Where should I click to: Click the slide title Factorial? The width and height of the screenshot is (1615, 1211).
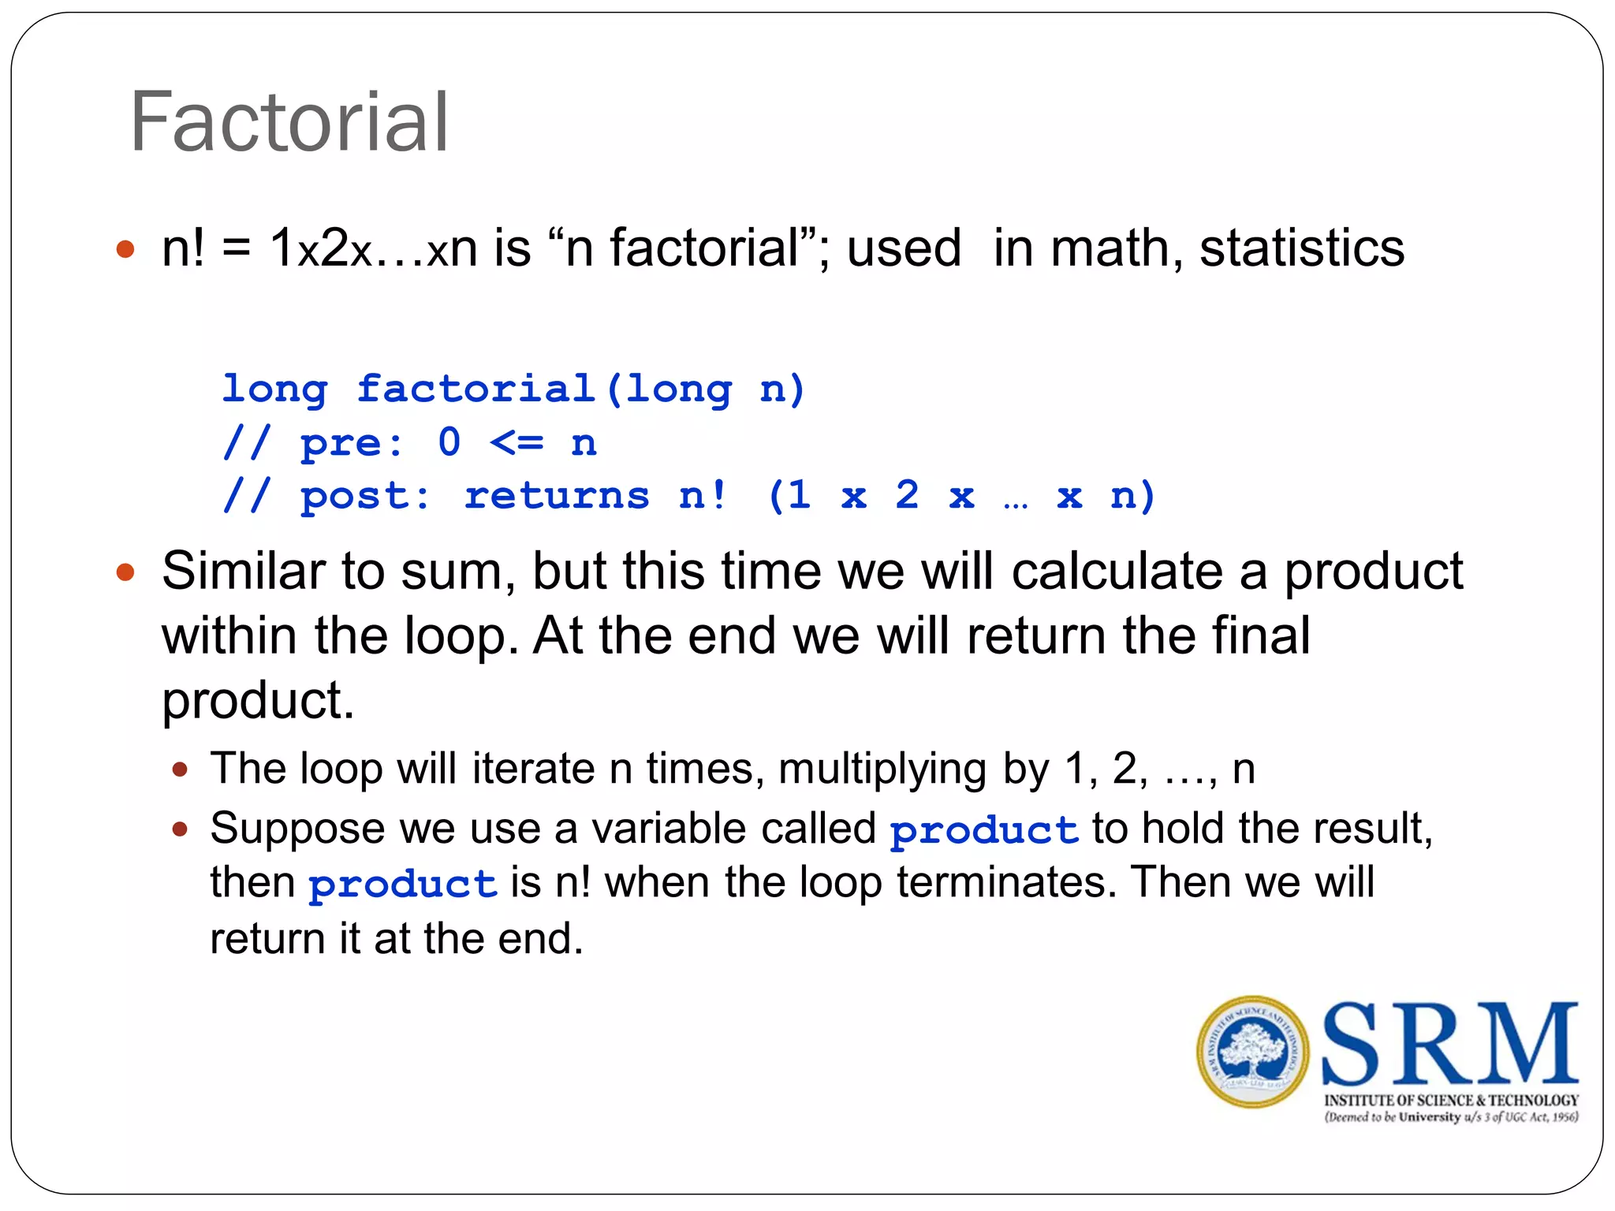point(289,122)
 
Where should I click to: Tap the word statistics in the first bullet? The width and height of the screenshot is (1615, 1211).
point(1301,248)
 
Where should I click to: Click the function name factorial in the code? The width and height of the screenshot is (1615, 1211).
point(476,389)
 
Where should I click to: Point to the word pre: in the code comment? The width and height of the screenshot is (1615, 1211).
point(352,443)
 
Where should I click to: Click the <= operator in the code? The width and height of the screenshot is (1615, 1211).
point(517,443)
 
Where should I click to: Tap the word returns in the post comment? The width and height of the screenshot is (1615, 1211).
point(557,497)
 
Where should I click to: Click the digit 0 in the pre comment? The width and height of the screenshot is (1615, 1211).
point(449,442)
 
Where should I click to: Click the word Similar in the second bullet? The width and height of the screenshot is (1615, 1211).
point(243,571)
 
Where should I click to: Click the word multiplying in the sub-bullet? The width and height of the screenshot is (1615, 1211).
point(882,769)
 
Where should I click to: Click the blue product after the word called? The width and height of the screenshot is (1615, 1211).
point(984,831)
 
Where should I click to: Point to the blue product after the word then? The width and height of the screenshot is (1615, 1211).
point(402,885)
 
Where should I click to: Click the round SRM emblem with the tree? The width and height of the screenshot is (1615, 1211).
point(1252,1052)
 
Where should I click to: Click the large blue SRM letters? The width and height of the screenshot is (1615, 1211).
point(1449,1044)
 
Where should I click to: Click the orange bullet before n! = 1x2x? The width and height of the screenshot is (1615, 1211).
point(125,250)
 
